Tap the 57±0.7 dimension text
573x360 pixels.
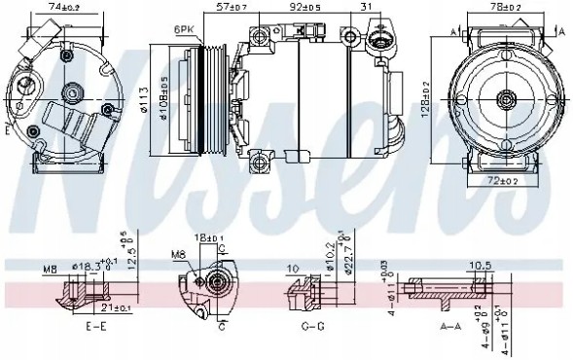point(232,8)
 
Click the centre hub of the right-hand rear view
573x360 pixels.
point(506,98)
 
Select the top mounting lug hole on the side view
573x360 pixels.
point(259,36)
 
